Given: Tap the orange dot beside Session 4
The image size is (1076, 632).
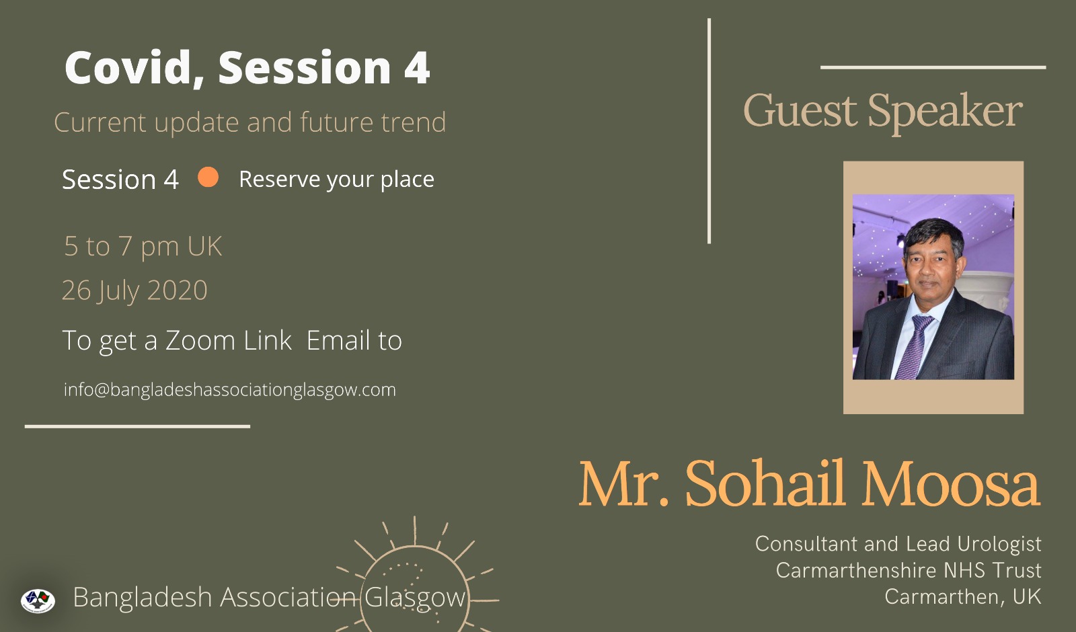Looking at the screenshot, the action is tap(208, 177).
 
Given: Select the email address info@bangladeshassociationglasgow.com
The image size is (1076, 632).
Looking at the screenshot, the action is tap(229, 389).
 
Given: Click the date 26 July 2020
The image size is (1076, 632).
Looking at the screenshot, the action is tap(134, 290).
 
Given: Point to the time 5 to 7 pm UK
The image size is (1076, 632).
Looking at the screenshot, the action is tap(143, 247).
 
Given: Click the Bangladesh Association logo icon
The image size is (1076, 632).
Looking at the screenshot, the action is tap(38, 600).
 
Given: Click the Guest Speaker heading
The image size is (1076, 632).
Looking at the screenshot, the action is tap(883, 111).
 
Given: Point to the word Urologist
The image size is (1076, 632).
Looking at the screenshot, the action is tap(999, 544).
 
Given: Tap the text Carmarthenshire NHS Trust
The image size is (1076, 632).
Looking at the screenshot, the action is tap(909, 571).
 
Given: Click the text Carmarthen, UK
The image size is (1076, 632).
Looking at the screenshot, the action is tap(962, 597).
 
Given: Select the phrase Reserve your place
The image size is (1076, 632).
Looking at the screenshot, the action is tap(336, 180).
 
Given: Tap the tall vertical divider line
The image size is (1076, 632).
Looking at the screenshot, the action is tap(709, 131).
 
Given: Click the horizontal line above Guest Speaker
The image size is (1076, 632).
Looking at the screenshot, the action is tap(933, 68).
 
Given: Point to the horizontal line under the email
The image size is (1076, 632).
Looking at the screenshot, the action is tap(137, 426).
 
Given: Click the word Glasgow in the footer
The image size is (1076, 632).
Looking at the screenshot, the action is tap(415, 598).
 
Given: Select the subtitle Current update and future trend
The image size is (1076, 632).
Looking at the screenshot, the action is tap(249, 122).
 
